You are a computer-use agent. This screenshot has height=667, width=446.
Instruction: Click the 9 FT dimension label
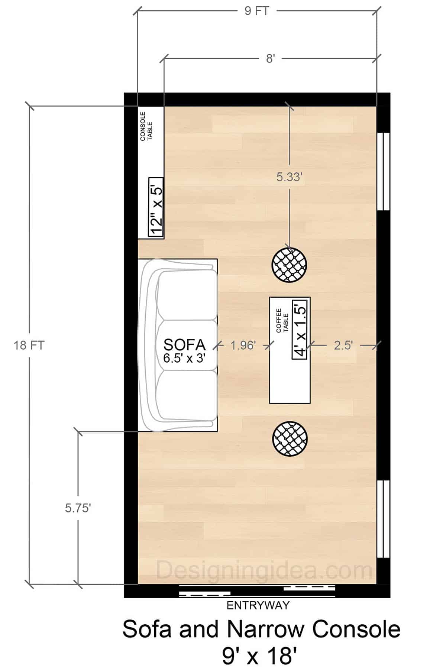[256, 11]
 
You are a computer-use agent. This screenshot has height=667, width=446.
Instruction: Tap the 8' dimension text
[270, 58]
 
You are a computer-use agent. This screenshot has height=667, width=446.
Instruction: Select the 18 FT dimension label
[29, 346]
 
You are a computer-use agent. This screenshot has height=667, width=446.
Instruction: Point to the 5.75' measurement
[78, 508]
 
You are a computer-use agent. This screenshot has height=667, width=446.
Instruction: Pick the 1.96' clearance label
[243, 346]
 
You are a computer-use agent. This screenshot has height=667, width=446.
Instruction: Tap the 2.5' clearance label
[343, 346]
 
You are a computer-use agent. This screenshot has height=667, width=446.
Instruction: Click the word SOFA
[184, 344]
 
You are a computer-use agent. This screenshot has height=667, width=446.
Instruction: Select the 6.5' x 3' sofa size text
[184, 358]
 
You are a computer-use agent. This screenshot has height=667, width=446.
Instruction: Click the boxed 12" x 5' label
[156, 207]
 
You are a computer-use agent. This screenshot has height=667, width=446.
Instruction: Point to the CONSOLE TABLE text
[146, 126]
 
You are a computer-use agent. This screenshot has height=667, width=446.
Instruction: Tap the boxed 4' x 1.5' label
[300, 329]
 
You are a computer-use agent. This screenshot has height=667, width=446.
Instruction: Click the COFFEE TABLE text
[282, 320]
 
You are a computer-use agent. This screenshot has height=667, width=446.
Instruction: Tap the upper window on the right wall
[384, 171]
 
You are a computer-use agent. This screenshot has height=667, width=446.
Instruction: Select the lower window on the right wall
[384, 519]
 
